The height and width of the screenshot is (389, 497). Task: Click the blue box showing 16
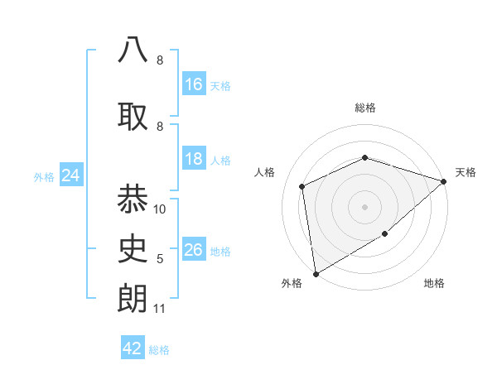coord(194,84)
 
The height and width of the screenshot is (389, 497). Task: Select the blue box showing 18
coord(194,159)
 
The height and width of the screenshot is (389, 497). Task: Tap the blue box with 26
coord(194,250)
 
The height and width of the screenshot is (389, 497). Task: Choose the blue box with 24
coord(71,175)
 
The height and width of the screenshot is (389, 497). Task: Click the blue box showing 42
coord(133,348)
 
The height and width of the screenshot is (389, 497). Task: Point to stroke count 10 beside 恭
coord(160,209)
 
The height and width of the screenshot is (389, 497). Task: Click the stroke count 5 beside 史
coord(160,259)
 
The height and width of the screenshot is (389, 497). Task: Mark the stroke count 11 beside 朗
coord(160,309)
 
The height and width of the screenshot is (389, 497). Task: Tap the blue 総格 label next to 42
coord(159,350)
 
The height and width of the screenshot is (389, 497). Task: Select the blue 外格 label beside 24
coord(44,176)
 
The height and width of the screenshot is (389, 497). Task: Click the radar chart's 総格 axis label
coord(364,108)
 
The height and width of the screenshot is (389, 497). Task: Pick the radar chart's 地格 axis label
coord(434,284)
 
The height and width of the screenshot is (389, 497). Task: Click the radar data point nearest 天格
coord(444,180)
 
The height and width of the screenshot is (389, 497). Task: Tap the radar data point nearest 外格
coord(316,273)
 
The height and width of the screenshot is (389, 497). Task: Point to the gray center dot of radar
coord(364,206)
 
